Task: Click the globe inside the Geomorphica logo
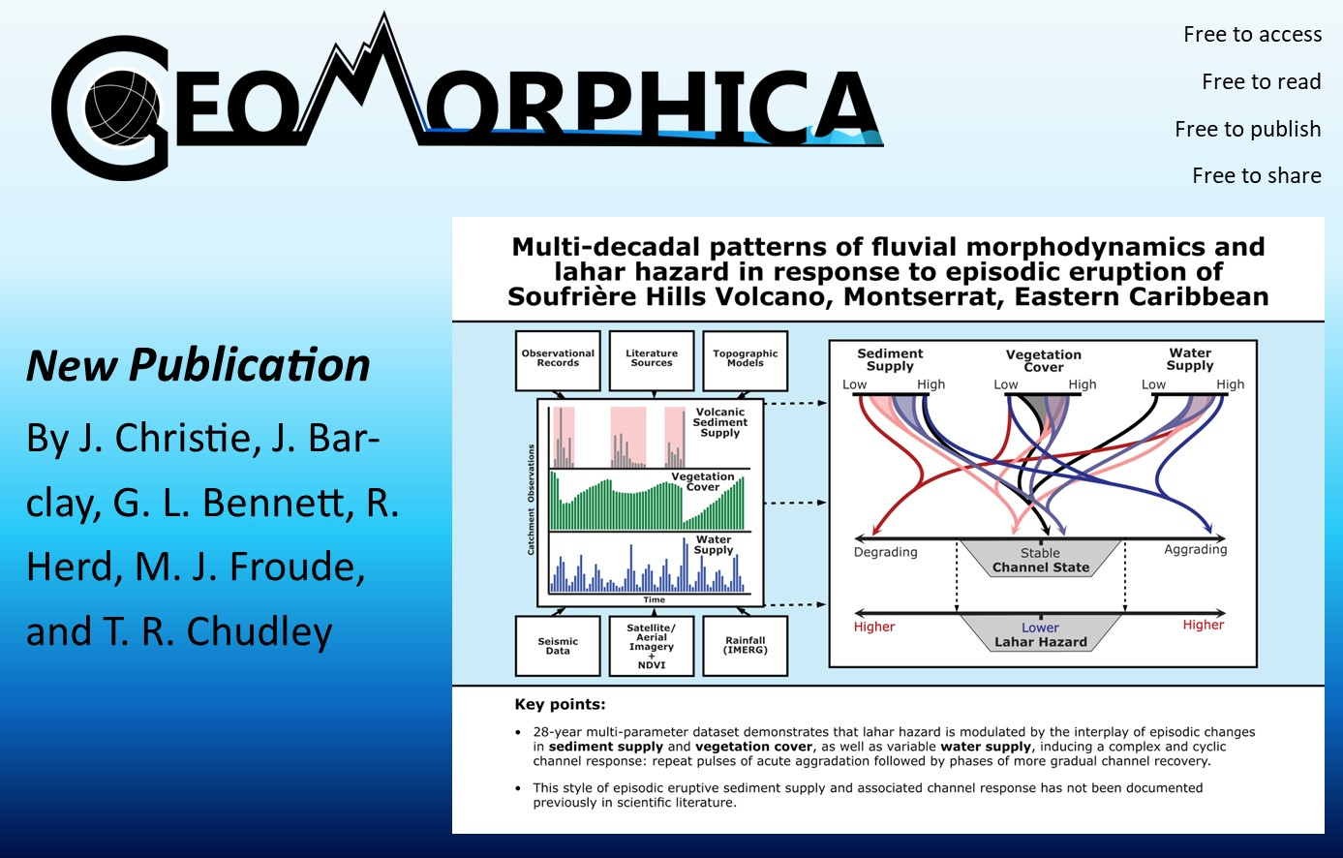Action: pos(122,108)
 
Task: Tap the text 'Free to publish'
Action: pos(1248,130)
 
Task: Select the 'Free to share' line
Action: pos(1257,175)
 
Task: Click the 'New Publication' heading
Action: pos(198,365)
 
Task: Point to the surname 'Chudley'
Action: pos(259,632)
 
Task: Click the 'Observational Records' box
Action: pos(558,360)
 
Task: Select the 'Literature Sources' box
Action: pos(652,360)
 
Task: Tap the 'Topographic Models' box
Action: pos(746,360)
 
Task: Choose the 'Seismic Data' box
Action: pos(558,646)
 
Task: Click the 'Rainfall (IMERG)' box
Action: pos(746,646)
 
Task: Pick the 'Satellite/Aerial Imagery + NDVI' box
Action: pos(652,646)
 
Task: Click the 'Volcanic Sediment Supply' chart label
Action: pos(720,422)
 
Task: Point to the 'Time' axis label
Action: pos(655,599)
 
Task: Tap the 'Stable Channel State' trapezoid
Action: pos(1041,559)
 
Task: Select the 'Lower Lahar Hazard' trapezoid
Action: pos(1041,633)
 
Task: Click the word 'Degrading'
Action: pos(886,552)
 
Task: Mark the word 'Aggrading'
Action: pos(1196,550)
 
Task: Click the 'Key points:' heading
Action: pos(560,704)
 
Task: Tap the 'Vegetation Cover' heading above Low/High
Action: pos(1044,361)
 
